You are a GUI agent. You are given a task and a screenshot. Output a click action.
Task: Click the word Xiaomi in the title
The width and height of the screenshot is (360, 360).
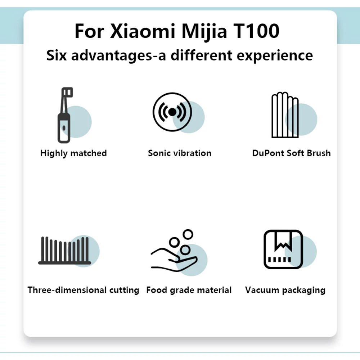[x=143, y=31]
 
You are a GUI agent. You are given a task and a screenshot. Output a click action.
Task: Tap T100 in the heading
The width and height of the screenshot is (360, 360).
[x=256, y=31]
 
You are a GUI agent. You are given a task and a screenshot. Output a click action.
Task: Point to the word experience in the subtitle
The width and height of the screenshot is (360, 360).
[x=275, y=55]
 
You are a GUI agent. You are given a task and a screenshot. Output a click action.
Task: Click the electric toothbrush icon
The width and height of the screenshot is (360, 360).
[x=65, y=115]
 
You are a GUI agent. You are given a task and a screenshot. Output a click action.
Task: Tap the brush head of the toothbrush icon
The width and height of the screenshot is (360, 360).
[x=67, y=92]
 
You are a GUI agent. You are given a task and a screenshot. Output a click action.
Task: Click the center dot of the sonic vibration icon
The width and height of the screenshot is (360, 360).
[x=172, y=112]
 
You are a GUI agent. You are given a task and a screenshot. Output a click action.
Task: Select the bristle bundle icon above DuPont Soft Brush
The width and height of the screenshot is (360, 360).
[x=285, y=115]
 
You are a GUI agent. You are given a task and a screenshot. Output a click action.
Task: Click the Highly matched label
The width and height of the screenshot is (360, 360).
[x=73, y=153]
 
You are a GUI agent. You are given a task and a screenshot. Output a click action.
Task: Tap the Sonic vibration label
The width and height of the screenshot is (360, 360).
[x=180, y=153]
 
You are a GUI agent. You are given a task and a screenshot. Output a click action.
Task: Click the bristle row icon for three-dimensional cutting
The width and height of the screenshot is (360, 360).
[x=65, y=251]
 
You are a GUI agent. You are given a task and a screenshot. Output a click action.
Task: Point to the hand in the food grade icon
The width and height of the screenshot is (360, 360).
[x=174, y=260]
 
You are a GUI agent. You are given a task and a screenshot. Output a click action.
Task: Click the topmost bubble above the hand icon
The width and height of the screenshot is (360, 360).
[x=188, y=234]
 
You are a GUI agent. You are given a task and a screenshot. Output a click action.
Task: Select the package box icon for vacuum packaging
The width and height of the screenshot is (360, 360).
[x=283, y=249]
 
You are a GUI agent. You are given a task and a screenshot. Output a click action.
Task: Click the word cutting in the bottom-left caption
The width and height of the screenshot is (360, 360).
[x=124, y=290]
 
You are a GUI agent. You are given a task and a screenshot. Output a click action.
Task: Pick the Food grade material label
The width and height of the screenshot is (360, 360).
[x=189, y=290]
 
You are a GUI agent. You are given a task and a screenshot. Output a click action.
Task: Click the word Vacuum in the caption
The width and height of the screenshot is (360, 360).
[x=262, y=290]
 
